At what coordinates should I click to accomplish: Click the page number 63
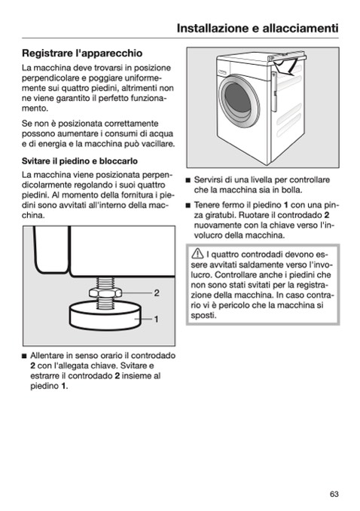pyautogui.click(x=334, y=494)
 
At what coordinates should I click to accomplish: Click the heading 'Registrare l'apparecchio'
pyautogui.click(x=82, y=53)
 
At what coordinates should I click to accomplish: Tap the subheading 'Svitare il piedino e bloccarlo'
pyautogui.click(x=80, y=161)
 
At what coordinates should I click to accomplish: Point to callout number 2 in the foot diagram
pyautogui.click(x=157, y=293)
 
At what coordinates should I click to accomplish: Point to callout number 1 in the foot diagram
pyautogui.click(x=157, y=319)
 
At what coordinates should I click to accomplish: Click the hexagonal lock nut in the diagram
pyautogui.click(x=105, y=292)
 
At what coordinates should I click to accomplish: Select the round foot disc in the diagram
pyautogui.click(x=105, y=316)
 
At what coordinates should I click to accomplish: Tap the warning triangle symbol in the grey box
pyautogui.click(x=197, y=253)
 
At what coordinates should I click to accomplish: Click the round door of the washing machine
pyautogui.click(x=239, y=101)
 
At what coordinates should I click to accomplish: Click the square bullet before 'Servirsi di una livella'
pyautogui.click(x=188, y=180)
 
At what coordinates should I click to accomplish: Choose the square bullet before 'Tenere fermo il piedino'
pyautogui.click(x=188, y=205)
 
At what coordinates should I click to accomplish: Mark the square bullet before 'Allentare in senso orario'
pyautogui.click(x=24, y=356)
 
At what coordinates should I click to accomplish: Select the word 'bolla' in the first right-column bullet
pyautogui.click(x=292, y=190)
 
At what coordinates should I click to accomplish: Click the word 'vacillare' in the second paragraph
pyautogui.click(x=159, y=144)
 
